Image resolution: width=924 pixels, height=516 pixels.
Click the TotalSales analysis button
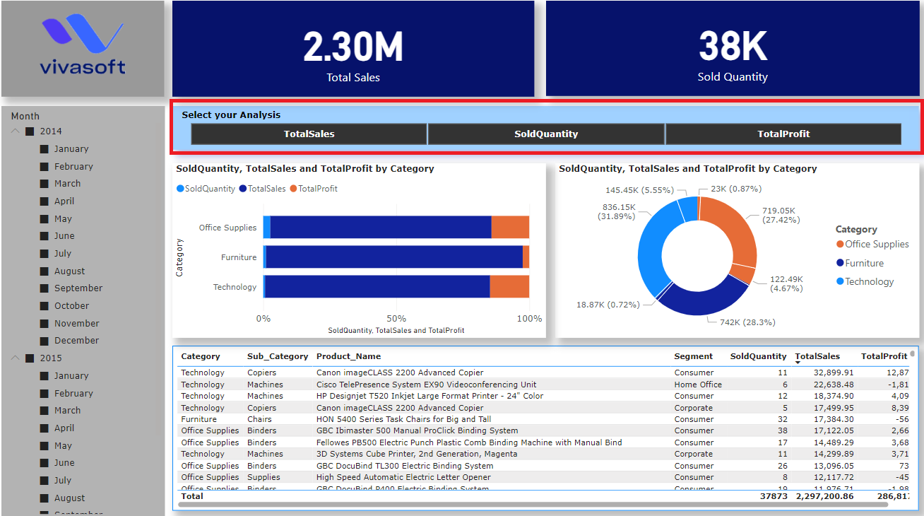pos(309,134)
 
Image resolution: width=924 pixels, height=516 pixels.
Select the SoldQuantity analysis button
pos(546,134)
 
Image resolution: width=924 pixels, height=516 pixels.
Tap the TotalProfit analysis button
pos(783,134)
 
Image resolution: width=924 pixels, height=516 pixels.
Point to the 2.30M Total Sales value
pos(353,47)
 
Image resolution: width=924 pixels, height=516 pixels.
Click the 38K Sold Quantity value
pos(733,47)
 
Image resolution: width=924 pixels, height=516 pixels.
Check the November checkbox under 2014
pos(45,323)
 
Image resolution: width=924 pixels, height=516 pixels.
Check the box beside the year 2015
pos(30,358)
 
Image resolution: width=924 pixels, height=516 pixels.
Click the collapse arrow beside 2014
pos(16,131)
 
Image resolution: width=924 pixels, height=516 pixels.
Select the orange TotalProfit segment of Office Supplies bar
pos(510,228)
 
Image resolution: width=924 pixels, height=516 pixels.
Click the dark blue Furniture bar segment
pos(394,257)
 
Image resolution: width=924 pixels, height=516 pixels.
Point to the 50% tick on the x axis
pos(396,319)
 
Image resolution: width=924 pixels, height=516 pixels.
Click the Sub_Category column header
pos(278,356)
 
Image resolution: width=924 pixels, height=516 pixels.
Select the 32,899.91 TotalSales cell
pos(833,373)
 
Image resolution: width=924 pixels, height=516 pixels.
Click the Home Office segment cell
pos(698,385)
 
